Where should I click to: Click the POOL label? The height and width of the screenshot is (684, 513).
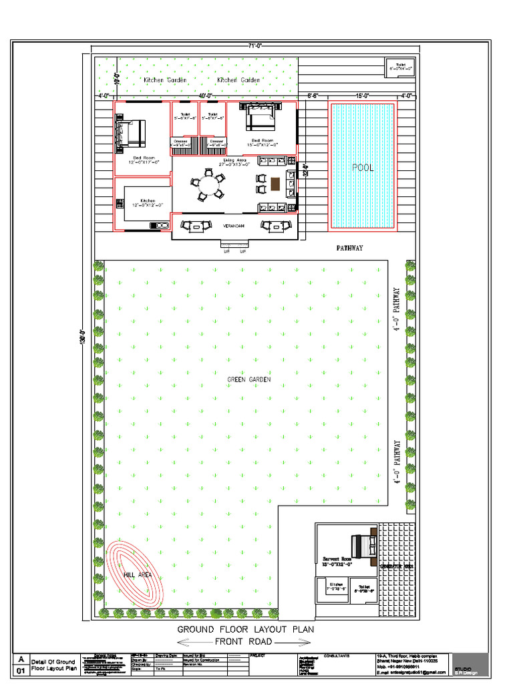point(363,168)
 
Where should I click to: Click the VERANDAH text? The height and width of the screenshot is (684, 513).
point(234,226)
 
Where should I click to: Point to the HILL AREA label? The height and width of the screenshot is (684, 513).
point(137,574)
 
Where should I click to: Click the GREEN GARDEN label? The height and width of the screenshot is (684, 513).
point(248,379)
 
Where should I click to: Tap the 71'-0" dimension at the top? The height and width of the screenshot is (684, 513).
point(254,45)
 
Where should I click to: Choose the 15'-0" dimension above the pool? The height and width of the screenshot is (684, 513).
point(363,96)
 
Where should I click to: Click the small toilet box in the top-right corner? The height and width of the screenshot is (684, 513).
point(401,65)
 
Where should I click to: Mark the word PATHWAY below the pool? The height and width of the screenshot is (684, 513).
point(349,248)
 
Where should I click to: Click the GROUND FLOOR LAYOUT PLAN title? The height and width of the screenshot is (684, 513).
point(245,629)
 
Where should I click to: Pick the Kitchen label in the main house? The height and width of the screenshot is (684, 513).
point(148,200)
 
